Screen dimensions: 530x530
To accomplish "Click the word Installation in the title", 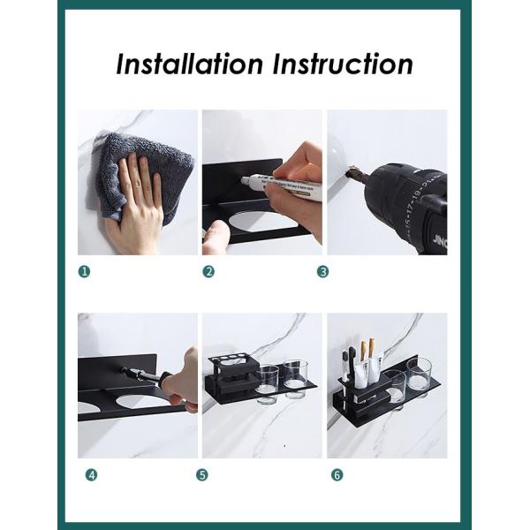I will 188,64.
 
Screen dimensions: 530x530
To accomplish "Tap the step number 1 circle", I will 84,271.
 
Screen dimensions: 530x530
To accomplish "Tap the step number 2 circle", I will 208,271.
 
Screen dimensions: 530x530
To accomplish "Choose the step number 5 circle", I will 202,474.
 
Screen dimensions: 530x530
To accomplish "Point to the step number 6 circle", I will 337,474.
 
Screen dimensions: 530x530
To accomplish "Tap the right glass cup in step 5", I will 294,380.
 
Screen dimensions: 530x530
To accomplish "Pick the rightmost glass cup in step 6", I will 419,375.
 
